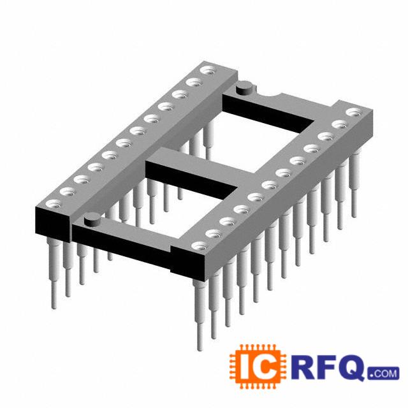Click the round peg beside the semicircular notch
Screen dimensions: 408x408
(244, 88)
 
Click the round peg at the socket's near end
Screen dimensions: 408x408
(92, 219)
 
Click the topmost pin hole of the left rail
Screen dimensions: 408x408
(208, 70)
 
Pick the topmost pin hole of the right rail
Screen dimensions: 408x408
(354, 113)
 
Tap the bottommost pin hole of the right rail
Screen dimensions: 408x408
(200, 246)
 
